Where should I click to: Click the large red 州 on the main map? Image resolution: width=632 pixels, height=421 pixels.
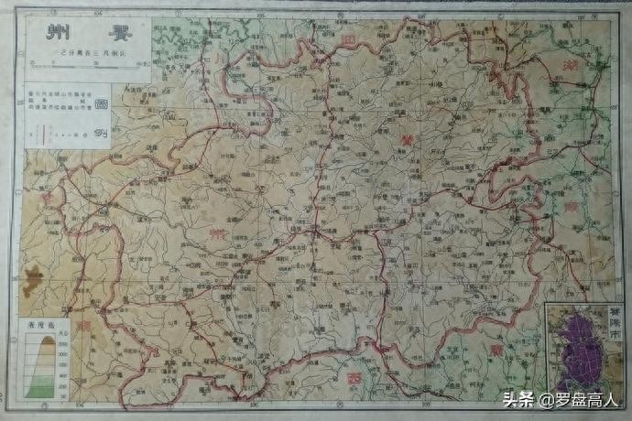click(216, 236)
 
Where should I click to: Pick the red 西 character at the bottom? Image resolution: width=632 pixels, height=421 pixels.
click(353, 377)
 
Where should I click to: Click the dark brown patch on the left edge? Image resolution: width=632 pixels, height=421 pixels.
click(33, 276)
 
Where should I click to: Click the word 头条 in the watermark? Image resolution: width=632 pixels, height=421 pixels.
click(518, 400)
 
